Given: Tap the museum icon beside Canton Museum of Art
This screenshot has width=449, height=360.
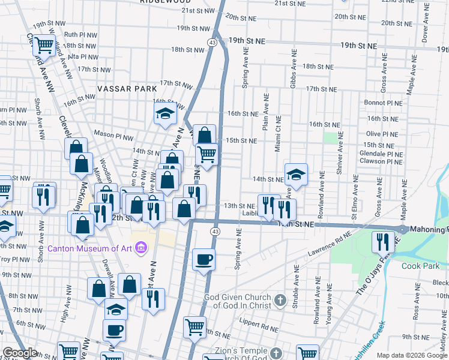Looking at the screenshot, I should [x=142, y=247].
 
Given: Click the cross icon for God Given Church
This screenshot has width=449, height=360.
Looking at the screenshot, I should [x=280, y=300].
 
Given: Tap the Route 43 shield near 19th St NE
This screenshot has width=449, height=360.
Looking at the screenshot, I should [x=213, y=42].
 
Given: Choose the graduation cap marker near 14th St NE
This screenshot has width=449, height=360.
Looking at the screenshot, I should [x=296, y=175].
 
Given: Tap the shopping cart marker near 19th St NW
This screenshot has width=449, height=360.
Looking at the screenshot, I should [x=44, y=44].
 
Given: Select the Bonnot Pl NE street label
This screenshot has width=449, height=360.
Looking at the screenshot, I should [x=382, y=103].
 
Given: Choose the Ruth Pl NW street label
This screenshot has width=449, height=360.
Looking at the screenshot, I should [x=80, y=35].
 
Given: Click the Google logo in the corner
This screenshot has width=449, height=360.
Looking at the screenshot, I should [x=20, y=353].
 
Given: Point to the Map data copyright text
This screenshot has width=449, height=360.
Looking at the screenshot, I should [x=412, y=355].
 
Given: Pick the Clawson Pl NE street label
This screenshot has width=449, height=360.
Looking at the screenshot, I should [x=382, y=161].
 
